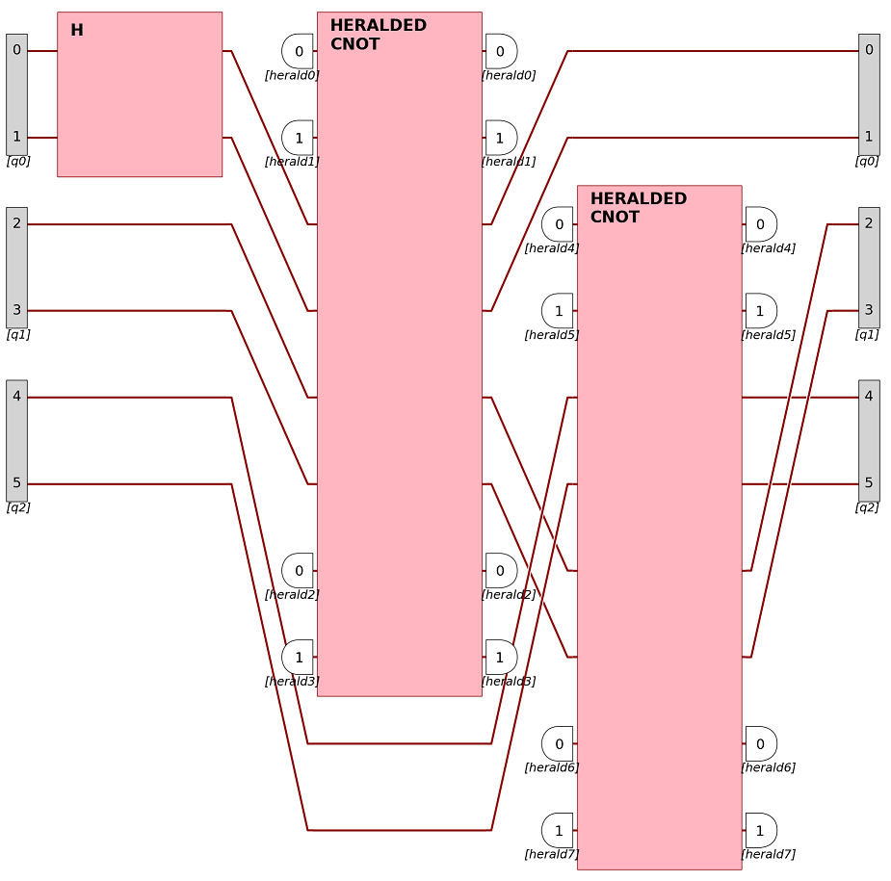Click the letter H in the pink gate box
click(x=77, y=31)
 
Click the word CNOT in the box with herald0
click(x=354, y=44)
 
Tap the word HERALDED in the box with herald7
click(x=638, y=198)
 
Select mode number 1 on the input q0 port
click(x=16, y=137)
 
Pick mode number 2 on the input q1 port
click(x=16, y=223)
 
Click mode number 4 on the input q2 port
click(x=16, y=397)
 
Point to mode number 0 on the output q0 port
click(x=869, y=50)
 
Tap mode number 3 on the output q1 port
click(x=869, y=310)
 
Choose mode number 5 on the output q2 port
click(x=869, y=483)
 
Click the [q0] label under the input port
click(x=18, y=162)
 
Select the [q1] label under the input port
click(x=18, y=335)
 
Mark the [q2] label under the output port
click(x=867, y=507)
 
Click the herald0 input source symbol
click(x=298, y=51)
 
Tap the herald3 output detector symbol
click(x=501, y=657)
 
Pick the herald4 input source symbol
click(x=558, y=224)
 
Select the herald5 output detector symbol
click(x=761, y=310)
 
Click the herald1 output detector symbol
click(x=501, y=138)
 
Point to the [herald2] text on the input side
click(x=292, y=595)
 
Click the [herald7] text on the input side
click(x=551, y=854)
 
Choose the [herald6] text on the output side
click(x=768, y=767)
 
